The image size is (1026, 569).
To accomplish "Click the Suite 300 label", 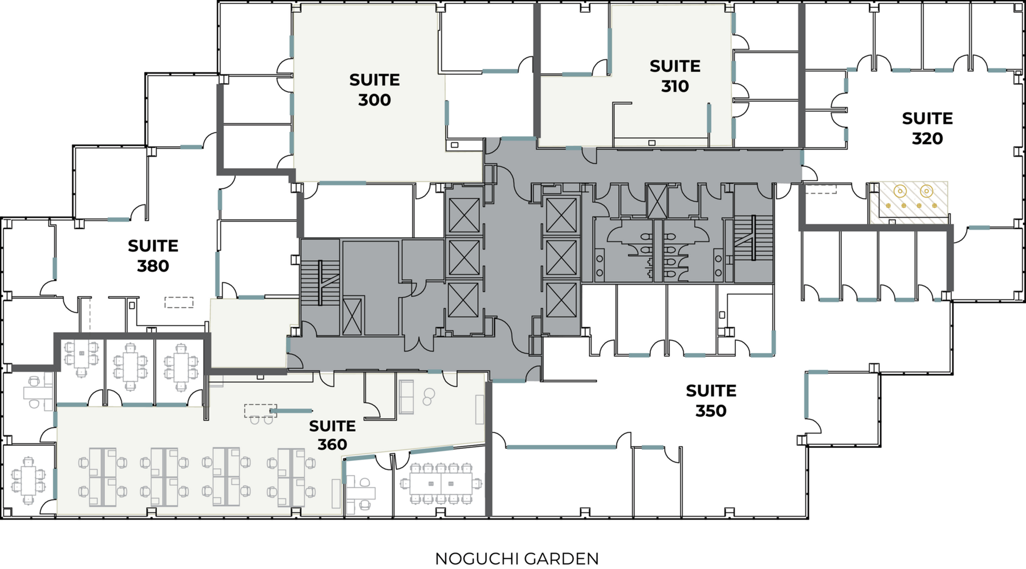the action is pos(374,90).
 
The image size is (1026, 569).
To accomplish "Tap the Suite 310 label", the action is pos(675,76).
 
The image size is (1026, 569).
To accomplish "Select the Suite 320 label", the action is pos(927,128).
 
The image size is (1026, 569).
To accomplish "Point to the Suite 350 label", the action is pos(711,400).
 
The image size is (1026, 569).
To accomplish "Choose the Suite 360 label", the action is pos(332,435).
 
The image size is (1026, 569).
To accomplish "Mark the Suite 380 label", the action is pos(153,256).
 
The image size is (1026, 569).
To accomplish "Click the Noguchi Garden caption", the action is pos(517,559).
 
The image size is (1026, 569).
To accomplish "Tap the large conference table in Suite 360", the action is pos(441,484).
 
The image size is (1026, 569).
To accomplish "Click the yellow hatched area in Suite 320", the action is pos(909,202).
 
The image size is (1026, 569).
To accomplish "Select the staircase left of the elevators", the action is pos(320,283).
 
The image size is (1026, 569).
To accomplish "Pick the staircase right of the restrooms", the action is pos(754,238).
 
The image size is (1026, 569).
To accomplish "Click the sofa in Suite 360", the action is pos(406,397).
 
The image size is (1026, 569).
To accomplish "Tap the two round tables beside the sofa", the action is pos(429,397).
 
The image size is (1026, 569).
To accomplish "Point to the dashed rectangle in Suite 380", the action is pos(179,302).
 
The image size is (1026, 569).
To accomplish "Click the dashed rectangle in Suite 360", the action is pos(260,411).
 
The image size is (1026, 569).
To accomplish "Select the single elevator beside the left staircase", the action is pos(352,316).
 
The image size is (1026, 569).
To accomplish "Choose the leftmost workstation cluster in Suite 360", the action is pos(103,477).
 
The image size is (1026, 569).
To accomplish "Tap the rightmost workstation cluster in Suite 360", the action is pos(291,477).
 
